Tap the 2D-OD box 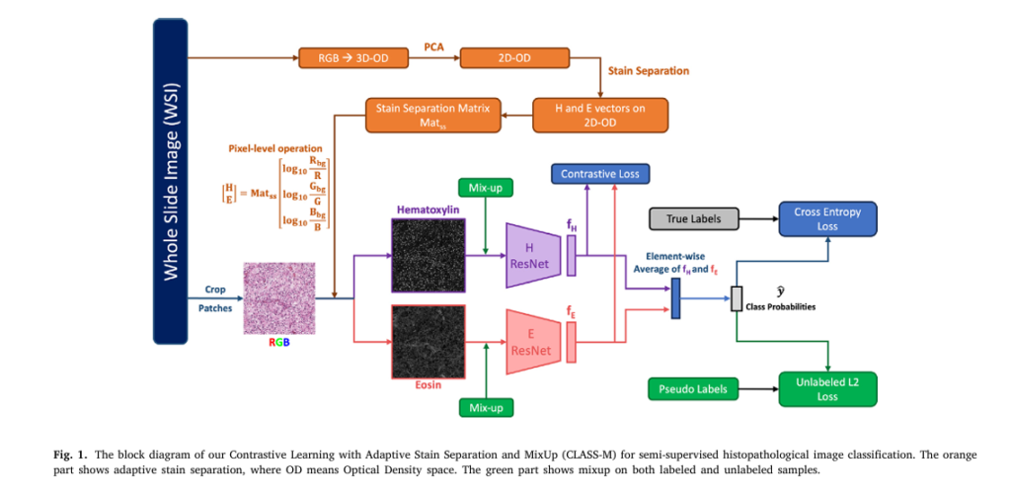(509, 58)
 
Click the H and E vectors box (600, 115)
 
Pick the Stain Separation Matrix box (433, 115)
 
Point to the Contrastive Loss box (600, 175)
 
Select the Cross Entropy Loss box (828, 218)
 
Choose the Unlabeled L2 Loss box (828, 388)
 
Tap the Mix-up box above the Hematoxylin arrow (487, 188)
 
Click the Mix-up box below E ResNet (487, 407)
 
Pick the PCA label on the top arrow (433, 45)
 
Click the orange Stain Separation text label (648, 71)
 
